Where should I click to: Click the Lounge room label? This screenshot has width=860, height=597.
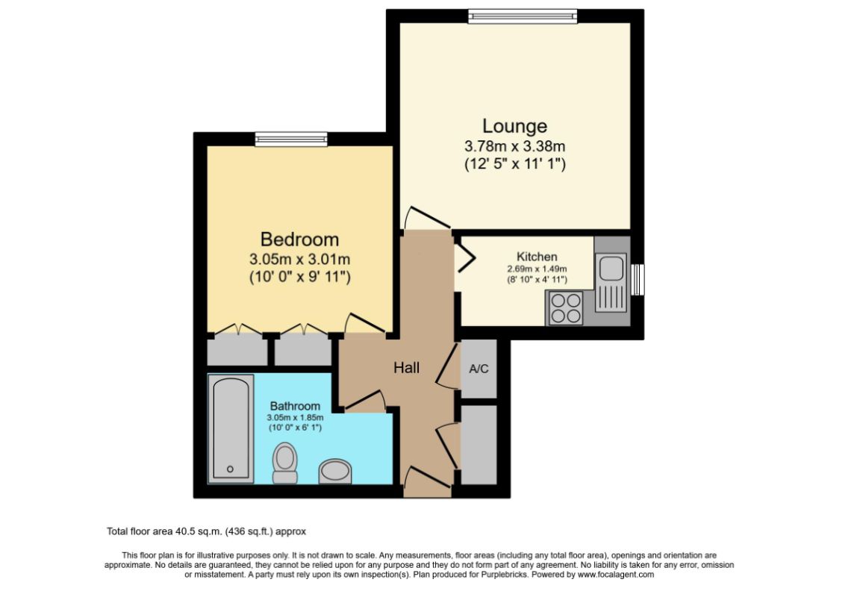coord(514,126)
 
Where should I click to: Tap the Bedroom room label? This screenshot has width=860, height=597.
coord(299,240)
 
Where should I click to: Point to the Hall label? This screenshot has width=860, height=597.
coord(407,367)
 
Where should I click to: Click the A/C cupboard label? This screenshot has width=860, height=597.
coord(479,369)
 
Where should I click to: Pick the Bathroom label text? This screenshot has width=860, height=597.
coord(295,406)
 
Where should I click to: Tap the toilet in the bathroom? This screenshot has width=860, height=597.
coord(284,462)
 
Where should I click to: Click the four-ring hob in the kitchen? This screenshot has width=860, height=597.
coord(565,307)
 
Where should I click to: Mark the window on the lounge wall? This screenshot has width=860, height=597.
coord(523,16)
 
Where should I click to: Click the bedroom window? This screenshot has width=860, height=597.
coord(291,139)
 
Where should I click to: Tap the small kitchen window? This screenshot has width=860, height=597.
coord(637,280)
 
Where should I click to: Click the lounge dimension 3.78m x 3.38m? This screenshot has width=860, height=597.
coord(514,146)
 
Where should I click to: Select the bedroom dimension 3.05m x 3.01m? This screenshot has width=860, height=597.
coord(299,260)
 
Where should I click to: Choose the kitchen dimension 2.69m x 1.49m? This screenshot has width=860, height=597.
coord(537,269)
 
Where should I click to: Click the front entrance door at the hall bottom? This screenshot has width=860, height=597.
coord(427,481)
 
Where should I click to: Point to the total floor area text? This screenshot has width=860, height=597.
coord(207,532)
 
